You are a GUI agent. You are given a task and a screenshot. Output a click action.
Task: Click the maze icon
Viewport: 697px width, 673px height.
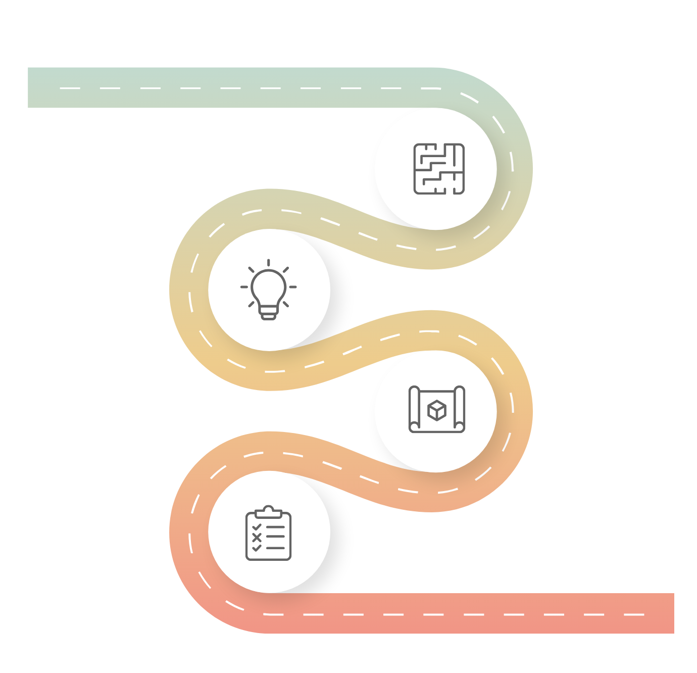point(439,169)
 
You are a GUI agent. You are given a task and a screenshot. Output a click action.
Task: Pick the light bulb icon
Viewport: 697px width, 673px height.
point(269,290)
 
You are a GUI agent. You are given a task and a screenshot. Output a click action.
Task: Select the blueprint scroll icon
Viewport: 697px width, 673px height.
point(437,409)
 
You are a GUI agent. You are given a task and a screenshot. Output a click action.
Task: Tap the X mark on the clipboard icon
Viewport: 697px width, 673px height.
point(257,538)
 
